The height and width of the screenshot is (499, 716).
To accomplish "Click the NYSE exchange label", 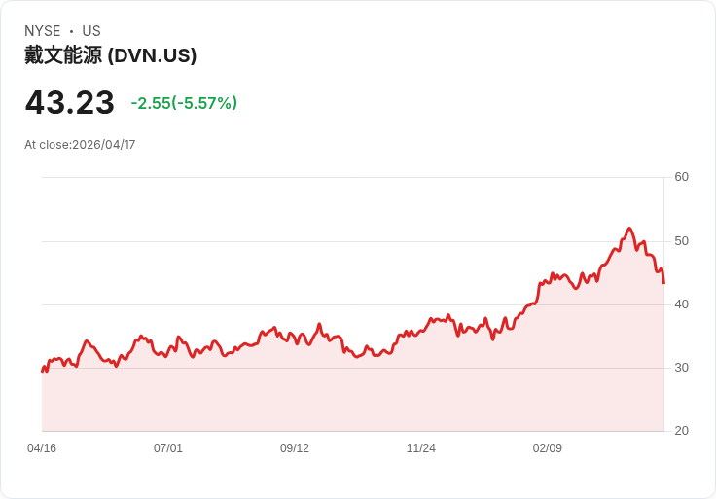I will [42, 31].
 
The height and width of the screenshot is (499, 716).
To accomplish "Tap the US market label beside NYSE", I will [91, 31].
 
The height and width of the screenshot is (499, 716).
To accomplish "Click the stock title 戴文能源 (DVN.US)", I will [111, 55].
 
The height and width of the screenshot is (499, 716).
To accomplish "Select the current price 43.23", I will [69, 102].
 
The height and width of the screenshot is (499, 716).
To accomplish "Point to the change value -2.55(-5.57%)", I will [184, 103].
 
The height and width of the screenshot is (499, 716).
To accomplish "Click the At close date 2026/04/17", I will [80, 145].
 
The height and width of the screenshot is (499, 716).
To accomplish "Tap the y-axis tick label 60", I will [682, 177].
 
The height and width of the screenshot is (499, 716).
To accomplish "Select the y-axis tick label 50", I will [682, 241].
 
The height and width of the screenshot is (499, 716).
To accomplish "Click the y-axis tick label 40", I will [682, 304].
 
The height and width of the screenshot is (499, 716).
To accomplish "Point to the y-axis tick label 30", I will [682, 368].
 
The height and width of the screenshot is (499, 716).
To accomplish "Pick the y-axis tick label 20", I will [682, 431].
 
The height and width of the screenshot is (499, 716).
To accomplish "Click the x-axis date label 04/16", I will [42, 448].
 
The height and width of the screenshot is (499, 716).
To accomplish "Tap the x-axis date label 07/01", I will [168, 448].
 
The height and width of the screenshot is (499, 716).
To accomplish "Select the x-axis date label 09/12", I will [295, 448].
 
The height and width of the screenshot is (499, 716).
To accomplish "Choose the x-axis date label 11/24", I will [421, 448].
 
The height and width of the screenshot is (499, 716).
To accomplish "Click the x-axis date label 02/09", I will [548, 448].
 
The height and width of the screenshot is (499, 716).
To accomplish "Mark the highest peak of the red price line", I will [629, 229].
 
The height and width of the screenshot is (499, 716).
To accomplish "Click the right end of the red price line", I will [663, 283].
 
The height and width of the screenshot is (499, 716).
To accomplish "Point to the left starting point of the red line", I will [42, 372].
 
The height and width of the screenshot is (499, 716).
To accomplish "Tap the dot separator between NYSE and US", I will [71, 31].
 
